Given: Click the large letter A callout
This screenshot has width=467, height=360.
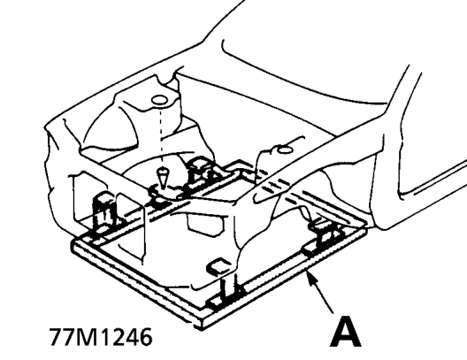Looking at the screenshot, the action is click(346, 333).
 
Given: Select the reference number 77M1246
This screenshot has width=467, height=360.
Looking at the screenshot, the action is click(101, 337).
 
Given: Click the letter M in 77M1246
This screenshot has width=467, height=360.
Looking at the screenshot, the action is click(88, 337).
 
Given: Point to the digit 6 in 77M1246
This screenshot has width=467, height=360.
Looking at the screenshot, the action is click(145, 337).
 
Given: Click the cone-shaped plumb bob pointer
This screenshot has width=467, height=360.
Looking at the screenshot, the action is click(162, 178).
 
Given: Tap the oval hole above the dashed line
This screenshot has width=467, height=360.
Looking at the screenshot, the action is click(158, 100).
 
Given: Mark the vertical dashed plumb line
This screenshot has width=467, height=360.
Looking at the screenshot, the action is click(161, 137).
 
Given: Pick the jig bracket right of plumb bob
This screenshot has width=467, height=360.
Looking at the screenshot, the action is click(200, 172).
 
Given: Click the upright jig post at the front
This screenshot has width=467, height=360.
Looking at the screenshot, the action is click(229, 287).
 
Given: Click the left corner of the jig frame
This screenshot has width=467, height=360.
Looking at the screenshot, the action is click(74, 243).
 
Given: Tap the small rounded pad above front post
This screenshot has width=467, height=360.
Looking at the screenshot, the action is click(218, 265).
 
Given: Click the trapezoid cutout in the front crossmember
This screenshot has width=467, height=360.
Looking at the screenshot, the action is click(205, 223).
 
